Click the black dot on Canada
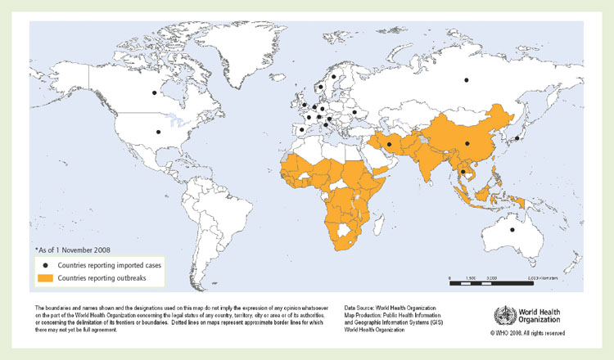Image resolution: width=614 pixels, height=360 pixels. [x=153, y=93]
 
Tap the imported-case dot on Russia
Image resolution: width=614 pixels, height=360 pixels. [x=467, y=79]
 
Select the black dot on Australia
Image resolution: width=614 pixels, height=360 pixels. [x=513, y=230]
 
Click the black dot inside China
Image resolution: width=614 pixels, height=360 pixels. [x=467, y=144]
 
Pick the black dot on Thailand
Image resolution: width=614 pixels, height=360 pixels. [x=463, y=172]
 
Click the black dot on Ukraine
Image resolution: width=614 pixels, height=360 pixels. [x=354, y=113]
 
